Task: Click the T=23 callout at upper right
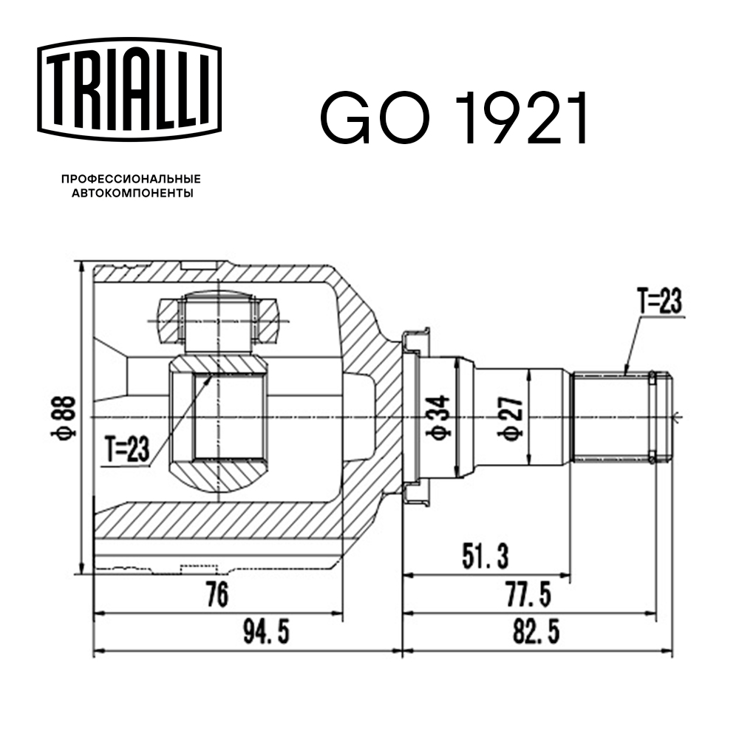[658, 301]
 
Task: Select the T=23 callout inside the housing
[126, 447]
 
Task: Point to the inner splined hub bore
[218, 418]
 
